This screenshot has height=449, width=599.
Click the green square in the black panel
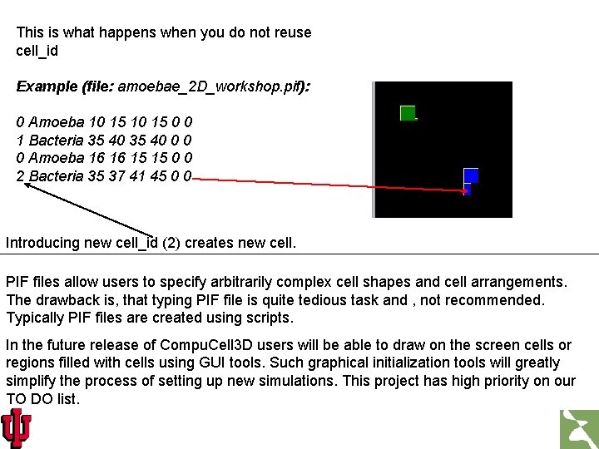pyautogui.click(x=407, y=113)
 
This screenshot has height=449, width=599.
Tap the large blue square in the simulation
pyautogui.click(x=471, y=175)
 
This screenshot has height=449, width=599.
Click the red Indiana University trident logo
pyautogui.click(x=16, y=427)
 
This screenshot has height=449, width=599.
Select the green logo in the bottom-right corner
pyautogui.click(x=578, y=428)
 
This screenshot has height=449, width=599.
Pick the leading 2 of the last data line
pyautogui.click(x=21, y=176)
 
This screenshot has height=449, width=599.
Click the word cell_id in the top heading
pyautogui.click(x=37, y=51)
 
